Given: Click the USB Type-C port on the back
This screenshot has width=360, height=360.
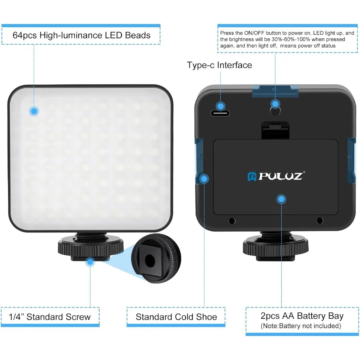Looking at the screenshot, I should [220, 113].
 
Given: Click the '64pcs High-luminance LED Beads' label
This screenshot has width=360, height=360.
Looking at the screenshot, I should [81, 35].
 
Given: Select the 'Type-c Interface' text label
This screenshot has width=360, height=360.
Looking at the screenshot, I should [219, 65].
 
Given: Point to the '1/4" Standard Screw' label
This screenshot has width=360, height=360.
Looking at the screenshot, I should [50, 317].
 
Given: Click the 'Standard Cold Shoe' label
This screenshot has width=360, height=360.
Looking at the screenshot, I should [176, 317].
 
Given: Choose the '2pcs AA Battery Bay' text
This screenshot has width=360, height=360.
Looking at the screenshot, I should [302, 316].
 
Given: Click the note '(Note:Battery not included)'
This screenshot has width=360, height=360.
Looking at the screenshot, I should [301, 326].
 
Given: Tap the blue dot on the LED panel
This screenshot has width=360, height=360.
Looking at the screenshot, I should [34, 111].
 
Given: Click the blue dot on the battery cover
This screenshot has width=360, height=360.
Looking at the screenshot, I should [282, 199].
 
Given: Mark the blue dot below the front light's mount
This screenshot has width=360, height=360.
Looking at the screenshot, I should [90, 262].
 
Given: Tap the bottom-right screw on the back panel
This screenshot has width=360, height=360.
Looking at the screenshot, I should [319, 220].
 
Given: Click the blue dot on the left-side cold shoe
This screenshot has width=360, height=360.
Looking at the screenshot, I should [204, 178].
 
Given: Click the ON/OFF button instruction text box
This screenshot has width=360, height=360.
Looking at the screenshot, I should [287, 39].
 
